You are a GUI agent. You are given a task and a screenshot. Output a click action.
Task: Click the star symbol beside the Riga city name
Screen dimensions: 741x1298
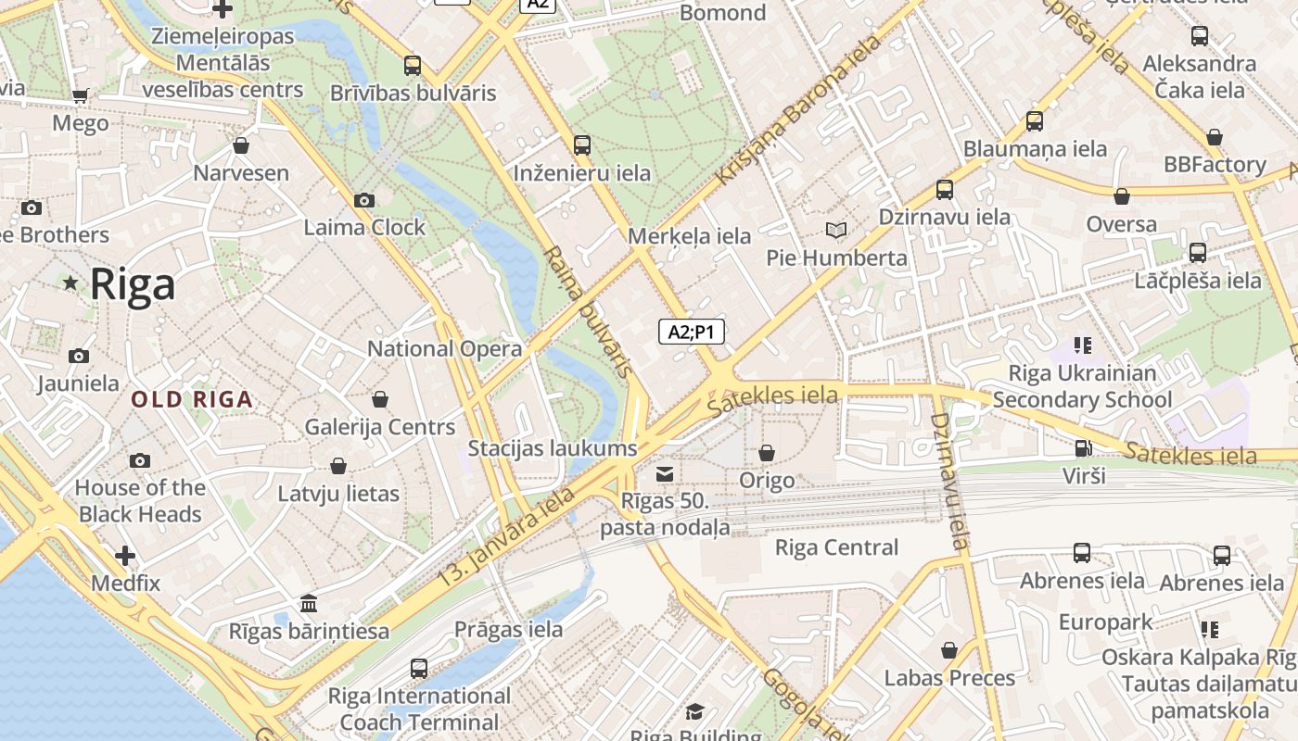pos(70,283)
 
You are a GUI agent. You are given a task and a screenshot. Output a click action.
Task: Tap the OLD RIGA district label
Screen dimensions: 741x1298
pos(192,400)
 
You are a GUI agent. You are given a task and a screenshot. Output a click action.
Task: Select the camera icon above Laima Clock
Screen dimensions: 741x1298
pos(364,200)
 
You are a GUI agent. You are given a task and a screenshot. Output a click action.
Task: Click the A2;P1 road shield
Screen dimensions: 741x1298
pos(692,332)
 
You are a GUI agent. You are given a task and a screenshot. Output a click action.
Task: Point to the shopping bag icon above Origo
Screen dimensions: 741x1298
pos(767,453)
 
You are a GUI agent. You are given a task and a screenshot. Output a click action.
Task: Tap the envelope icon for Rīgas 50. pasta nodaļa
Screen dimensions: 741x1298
pos(665,475)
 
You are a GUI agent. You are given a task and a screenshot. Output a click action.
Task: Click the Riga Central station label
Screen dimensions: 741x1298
pos(836,547)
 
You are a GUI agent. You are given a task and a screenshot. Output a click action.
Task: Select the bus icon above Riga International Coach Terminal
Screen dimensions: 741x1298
pos(419,668)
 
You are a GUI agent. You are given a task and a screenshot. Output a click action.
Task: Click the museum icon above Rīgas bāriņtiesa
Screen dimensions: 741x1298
pos(309,604)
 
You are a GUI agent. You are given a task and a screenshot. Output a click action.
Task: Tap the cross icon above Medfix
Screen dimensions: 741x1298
pos(125,556)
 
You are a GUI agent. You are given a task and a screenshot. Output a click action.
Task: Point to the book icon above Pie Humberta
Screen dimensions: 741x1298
pos(836,230)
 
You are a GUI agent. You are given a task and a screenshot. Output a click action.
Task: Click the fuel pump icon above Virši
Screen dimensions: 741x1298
pos(1083,448)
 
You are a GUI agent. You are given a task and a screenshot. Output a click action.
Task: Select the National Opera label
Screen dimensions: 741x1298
pos(445,349)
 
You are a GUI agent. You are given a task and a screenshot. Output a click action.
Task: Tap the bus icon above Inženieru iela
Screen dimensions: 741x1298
pos(582,145)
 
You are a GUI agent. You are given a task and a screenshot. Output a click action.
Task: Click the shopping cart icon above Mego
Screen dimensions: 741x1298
pos(81,95)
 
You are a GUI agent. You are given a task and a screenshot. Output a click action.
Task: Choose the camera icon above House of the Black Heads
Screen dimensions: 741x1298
pos(140,460)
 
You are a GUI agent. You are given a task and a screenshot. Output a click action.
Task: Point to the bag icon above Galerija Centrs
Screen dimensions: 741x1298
pos(380,399)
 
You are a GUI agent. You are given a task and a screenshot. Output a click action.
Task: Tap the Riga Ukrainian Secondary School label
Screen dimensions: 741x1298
pos(1082,386)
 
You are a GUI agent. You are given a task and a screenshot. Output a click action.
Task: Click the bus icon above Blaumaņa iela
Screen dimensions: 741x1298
pos(1035,121)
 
